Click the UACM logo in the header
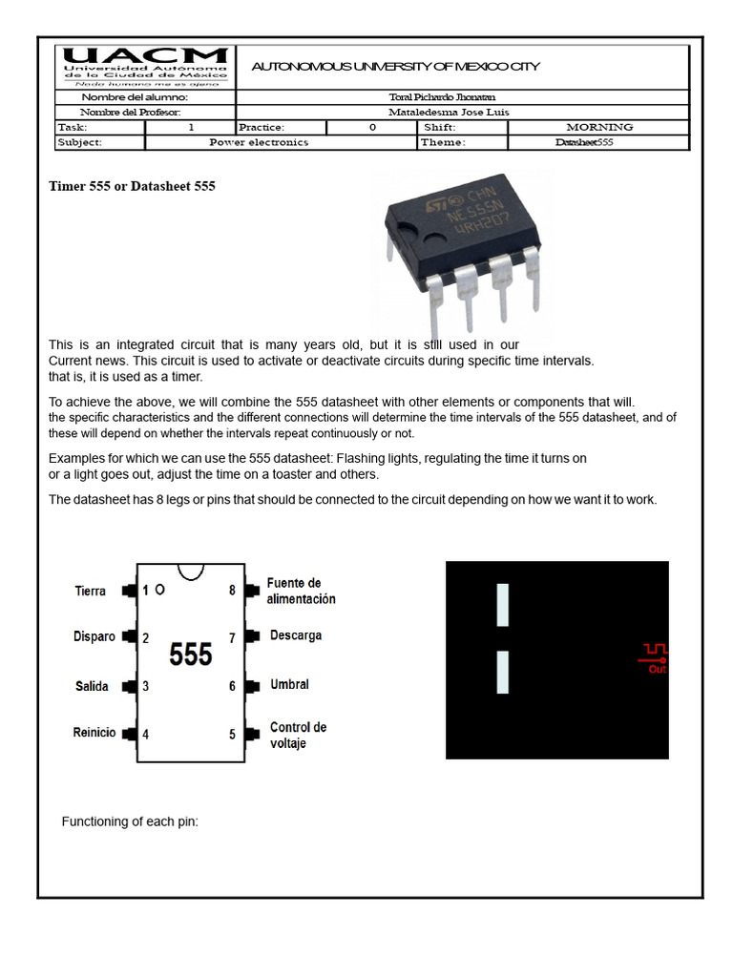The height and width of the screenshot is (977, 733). tap(145, 67)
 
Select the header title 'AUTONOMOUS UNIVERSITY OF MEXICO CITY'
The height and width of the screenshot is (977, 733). tap(395, 67)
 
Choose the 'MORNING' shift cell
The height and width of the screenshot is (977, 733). tap(598, 127)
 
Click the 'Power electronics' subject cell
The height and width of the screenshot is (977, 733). tap(259, 142)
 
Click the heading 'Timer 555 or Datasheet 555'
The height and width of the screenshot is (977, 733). tap(132, 186)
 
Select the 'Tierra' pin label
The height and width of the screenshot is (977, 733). tap(91, 591)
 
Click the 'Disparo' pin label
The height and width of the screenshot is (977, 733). tap(94, 636)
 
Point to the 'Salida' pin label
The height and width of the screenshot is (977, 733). tap(92, 686)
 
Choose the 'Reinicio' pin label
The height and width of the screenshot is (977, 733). tap(94, 733)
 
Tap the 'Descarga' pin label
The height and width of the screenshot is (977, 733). tap(296, 635)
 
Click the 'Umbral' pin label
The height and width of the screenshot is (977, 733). tap(290, 684)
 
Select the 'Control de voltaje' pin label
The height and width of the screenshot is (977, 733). tap(298, 735)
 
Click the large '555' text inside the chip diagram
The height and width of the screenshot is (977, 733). tap(191, 655)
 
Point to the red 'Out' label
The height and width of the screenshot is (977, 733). tap(658, 670)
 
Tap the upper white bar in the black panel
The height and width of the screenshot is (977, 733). tap(503, 605)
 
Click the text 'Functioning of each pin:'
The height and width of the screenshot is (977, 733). tap(130, 821)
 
